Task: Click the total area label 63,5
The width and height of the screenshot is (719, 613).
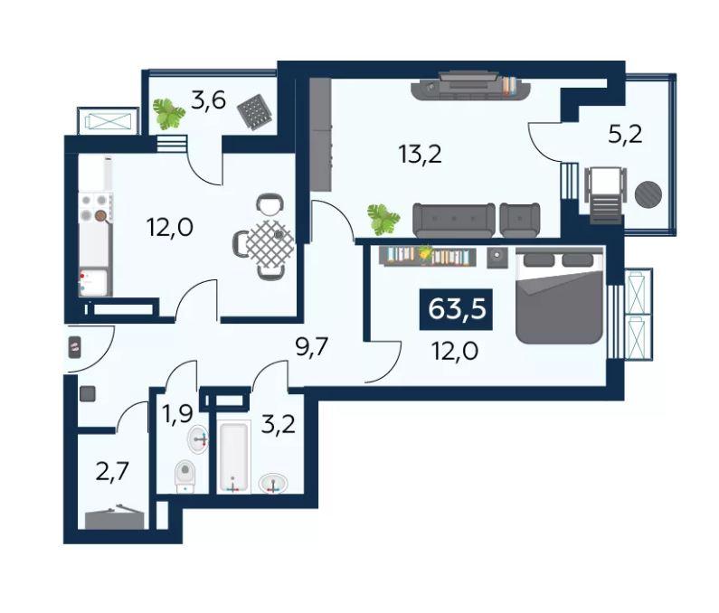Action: coord(456,309)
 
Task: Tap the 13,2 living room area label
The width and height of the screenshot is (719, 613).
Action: coord(421,155)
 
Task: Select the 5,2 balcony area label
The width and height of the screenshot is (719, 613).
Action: coord(625,135)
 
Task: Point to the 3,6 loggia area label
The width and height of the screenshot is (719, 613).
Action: coord(209,100)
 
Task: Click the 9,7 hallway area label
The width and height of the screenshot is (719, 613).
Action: coord(312,348)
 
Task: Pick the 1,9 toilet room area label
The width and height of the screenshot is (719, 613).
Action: coord(179,414)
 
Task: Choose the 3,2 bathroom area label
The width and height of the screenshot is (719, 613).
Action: coord(279,424)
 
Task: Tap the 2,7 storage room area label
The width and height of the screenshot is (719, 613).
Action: coord(112,472)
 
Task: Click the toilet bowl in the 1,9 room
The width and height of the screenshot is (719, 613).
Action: coord(185,476)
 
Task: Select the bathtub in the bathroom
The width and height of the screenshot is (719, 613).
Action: coord(234,457)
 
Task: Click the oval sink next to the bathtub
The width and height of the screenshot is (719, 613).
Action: coord(273,484)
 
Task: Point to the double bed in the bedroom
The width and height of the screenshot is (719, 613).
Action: coord(559,296)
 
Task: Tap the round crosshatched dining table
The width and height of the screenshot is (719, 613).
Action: coord(270,243)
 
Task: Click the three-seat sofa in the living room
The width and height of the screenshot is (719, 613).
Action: coord(454,220)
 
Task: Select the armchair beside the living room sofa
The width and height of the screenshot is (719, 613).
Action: coord(520,220)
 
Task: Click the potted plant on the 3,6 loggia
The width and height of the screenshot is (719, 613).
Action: coord(168,113)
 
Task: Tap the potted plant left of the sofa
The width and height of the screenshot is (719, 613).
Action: coord(383,220)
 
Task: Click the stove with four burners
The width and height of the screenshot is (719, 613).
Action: coord(96,208)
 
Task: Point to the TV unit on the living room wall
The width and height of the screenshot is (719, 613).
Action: coord(471,85)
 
